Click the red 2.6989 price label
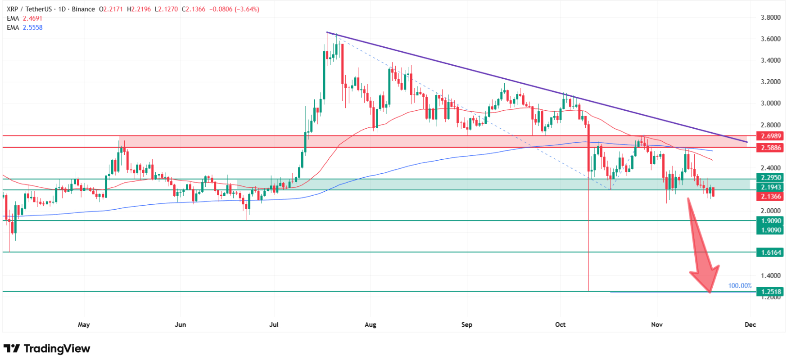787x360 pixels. pyautogui.click(x=771, y=136)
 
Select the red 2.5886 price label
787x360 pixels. pyautogui.click(x=771, y=148)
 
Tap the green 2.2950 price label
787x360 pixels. pyautogui.click(x=771, y=178)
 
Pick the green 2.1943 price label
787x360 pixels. pyautogui.click(x=771, y=187)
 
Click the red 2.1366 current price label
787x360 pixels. pyautogui.click(x=771, y=196)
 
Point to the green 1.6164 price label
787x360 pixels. pyautogui.click(x=771, y=252)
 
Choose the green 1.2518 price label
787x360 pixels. pyautogui.click(x=771, y=292)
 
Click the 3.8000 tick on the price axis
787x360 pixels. pyautogui.click(x=770, y=18)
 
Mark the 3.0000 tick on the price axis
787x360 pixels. pyautogui.click(x=770, y=103)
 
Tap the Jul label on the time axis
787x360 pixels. pyautogui.click(x=274, y=324)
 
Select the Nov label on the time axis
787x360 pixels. pyautogui.click(x=657, y=324)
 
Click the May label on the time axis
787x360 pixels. pyautogui.click(x=84, y=324)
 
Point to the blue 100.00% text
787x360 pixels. pyautogui.click(x=740, y=286)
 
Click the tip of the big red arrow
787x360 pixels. pyautogui.click(x=710, y=292)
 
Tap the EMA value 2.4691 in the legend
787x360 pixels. pyautogui.click(x=32, y=18)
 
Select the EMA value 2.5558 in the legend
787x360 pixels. pyautogui.click(x=32, y=27)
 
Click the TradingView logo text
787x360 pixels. pyautogui.click(x=57, y=349)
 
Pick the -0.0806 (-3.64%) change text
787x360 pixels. pyautogui.click(x=234, y=9)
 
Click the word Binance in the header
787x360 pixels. pyautogui.click(x=83, y=9)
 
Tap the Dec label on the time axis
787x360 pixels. pyautogui.click(x=750, y=324)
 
